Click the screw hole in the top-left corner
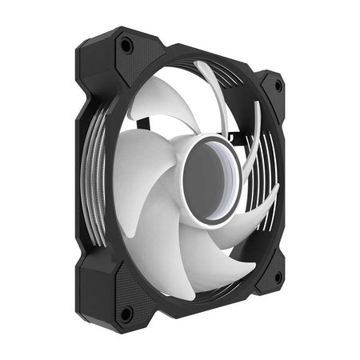(126, 47)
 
